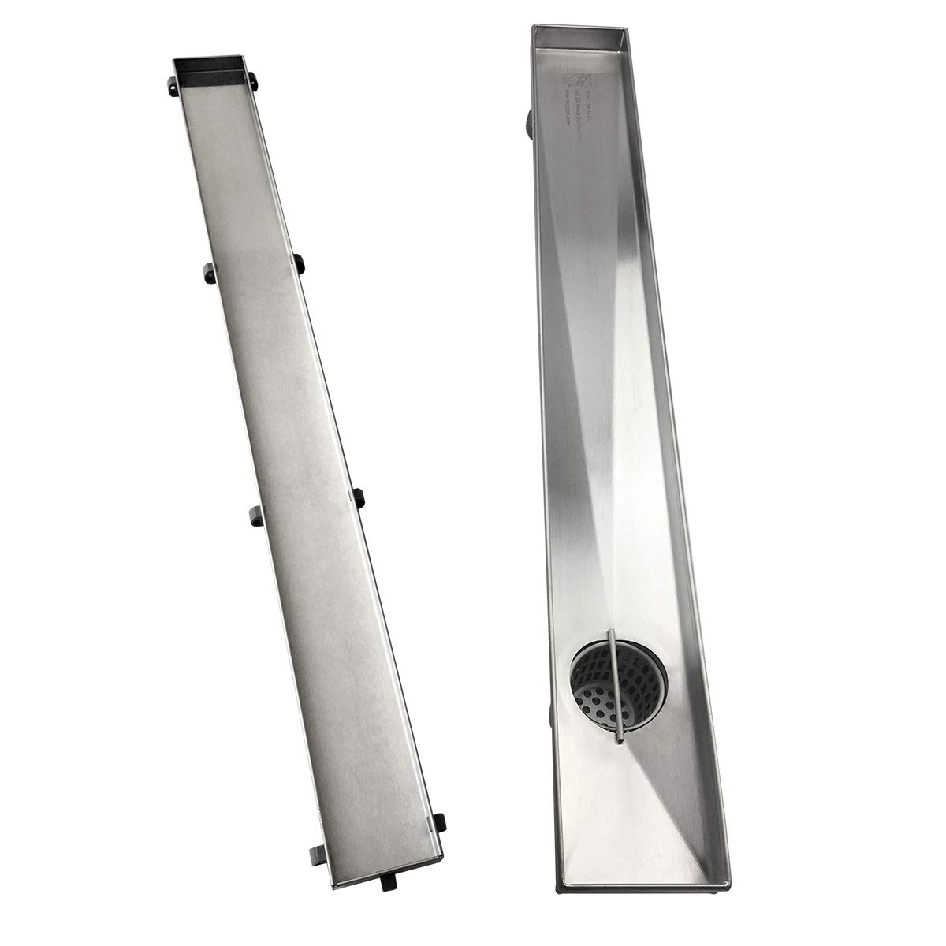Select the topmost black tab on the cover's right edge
point(253,78)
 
